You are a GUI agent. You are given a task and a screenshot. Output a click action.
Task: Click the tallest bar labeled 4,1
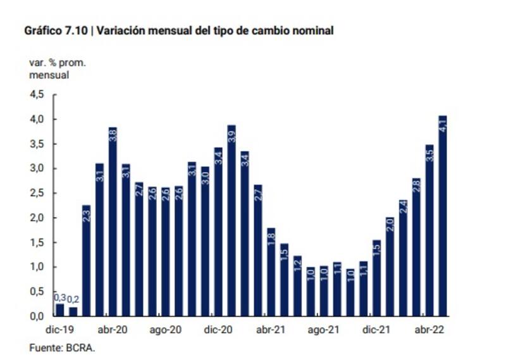point(443,215)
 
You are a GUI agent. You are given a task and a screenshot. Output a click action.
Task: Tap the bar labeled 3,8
point(113,221)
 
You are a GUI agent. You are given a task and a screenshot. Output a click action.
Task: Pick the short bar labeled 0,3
point(59,309)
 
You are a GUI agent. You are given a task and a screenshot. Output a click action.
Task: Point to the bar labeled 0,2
point(73,311)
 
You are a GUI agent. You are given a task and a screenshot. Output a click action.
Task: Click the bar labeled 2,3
point(86,260)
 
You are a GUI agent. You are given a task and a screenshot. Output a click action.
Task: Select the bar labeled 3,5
point(429,230)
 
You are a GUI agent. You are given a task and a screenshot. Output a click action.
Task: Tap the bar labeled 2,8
point(416,247)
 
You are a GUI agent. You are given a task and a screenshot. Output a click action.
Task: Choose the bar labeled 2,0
point(390,266)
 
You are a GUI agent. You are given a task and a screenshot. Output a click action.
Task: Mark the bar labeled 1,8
point(271,271)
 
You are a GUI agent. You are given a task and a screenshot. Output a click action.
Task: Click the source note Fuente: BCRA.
point(61,347)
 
